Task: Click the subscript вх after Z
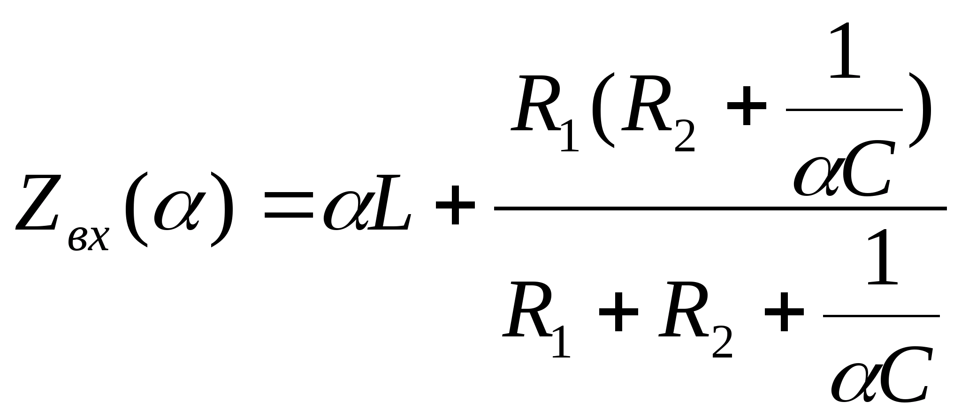click(88, 239)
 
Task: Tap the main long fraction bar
click(720, 208)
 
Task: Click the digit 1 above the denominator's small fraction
click(882, 258)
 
